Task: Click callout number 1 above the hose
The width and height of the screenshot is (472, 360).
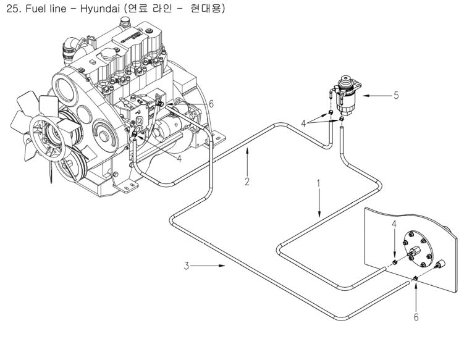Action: click(319, 183)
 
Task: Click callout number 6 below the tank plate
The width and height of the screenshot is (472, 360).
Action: click(416, 317)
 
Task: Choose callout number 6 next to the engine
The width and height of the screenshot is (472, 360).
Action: click(211, 104)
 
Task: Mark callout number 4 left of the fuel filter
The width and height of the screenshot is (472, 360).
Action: click(303, 123)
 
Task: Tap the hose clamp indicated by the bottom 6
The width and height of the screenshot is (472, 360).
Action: click(415, 280)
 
